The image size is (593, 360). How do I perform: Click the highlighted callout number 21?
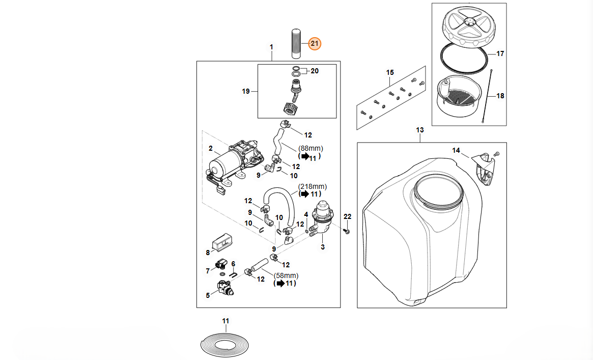tap(314, 44)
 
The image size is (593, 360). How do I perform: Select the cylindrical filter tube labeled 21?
tap(297, 44)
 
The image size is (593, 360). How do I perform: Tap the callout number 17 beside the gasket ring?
tap(500, 53)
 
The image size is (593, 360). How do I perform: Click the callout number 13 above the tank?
tap(419, 130)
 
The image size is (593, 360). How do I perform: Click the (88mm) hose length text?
tap(310, 148)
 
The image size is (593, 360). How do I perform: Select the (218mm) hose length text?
tap(313, 186)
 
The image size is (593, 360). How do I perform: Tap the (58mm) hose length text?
tap(286, 275)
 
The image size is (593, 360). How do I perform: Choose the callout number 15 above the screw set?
tap(390, 73)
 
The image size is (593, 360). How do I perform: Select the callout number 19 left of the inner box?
tap(246, 92)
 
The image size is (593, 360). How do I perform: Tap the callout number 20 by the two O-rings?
tap(315, 71)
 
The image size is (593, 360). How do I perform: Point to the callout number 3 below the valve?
tap(322, 247)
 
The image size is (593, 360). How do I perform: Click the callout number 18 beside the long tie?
tap(500, 96)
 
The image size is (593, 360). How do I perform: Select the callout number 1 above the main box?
tap(271, 47)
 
